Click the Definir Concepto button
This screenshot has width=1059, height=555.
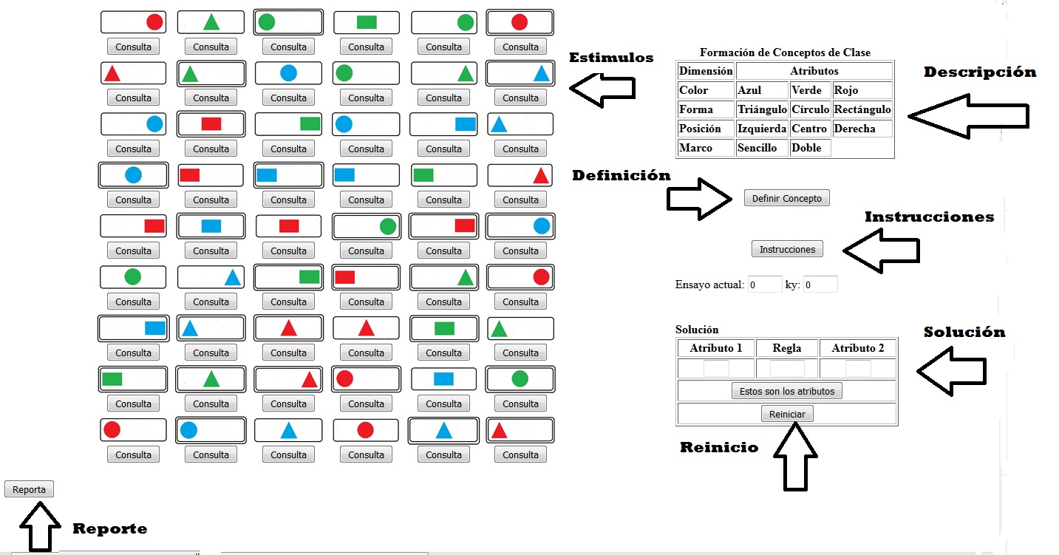point(787,198)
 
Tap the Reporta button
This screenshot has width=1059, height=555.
point(29,489)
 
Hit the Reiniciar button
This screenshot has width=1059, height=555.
point(787,414)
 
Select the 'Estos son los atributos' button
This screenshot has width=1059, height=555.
point(787,391)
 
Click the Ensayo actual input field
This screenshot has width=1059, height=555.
point(765,285)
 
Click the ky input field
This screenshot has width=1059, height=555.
point(820,285)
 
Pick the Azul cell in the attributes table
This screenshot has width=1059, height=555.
point(762,90)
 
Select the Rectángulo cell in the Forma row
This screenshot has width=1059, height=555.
point(862,109)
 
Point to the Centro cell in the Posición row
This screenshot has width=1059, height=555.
point(810,129)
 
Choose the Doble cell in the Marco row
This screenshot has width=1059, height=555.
point(810,148)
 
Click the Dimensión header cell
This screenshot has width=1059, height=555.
point(705,71)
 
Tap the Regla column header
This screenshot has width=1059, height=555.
point(787,348)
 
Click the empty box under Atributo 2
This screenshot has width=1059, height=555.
point(858,368)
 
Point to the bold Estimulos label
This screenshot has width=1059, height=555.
point(611,58)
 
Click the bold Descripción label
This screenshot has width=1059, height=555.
point(980,72)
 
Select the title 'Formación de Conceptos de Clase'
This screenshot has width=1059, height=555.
point(785,52)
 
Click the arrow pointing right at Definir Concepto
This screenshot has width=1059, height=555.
point(700,199)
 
